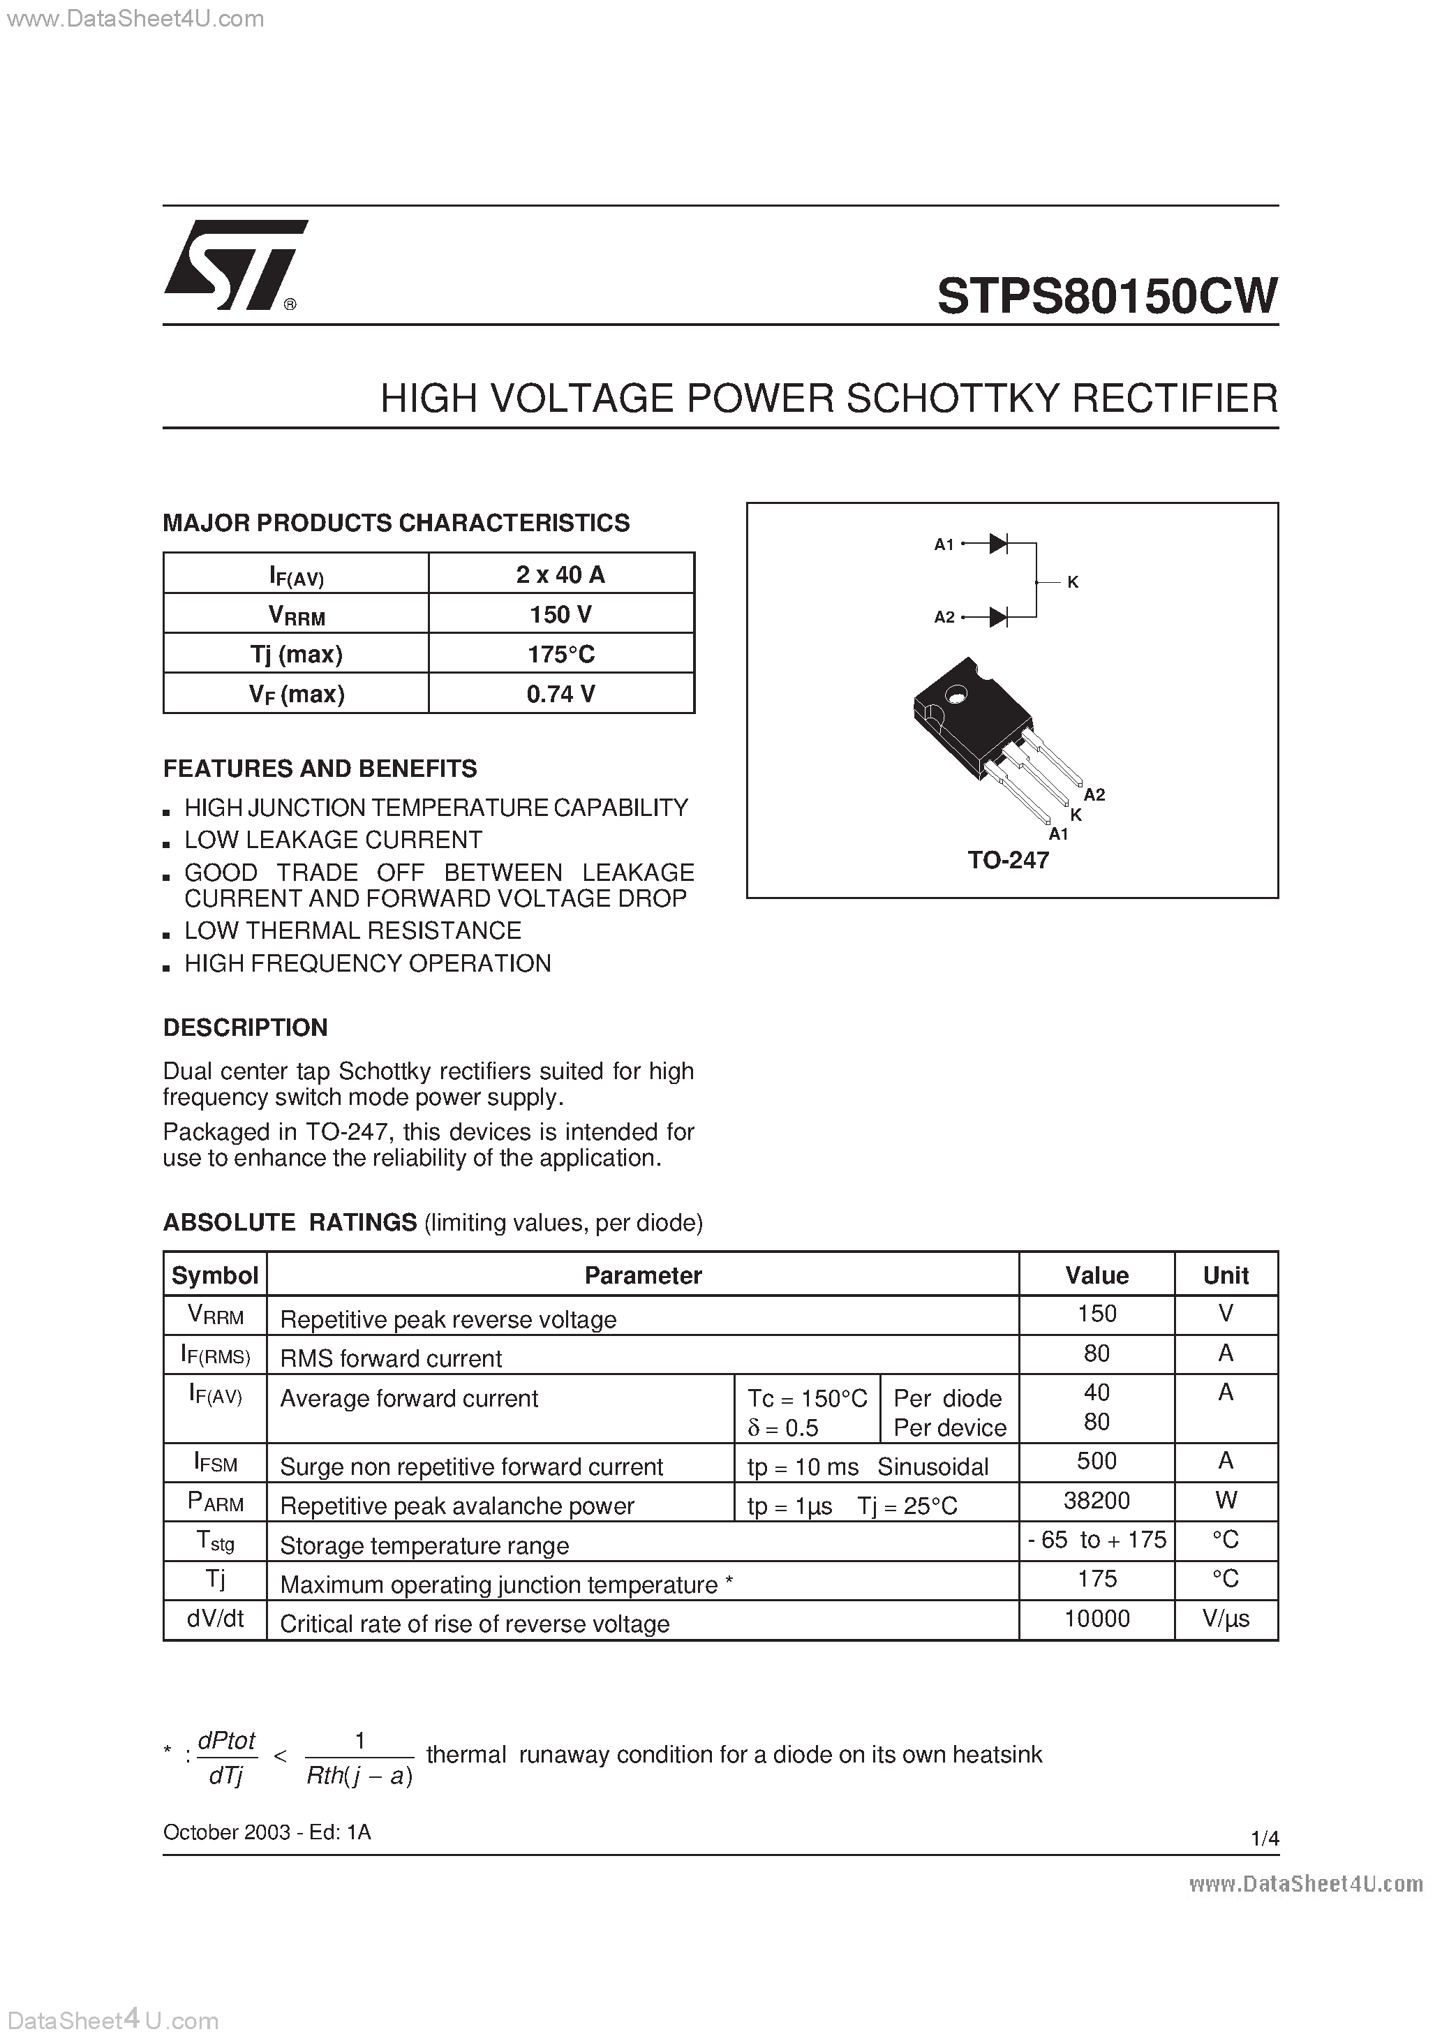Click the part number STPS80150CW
(x=1107, y=296)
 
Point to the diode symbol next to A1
(x=998, y=543)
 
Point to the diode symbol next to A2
(x=998, y=616)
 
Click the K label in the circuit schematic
(x=1073, y=582)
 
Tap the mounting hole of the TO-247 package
(x=957, y=695)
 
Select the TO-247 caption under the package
(x=1008, y=859)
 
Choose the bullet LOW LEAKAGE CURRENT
(x=332, y=840)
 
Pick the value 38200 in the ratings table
(x=1097, y=1501)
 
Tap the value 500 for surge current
(x=1097, y=1460)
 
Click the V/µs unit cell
(x=1225, y=1618)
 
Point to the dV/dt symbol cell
(x=215, y=1618)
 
